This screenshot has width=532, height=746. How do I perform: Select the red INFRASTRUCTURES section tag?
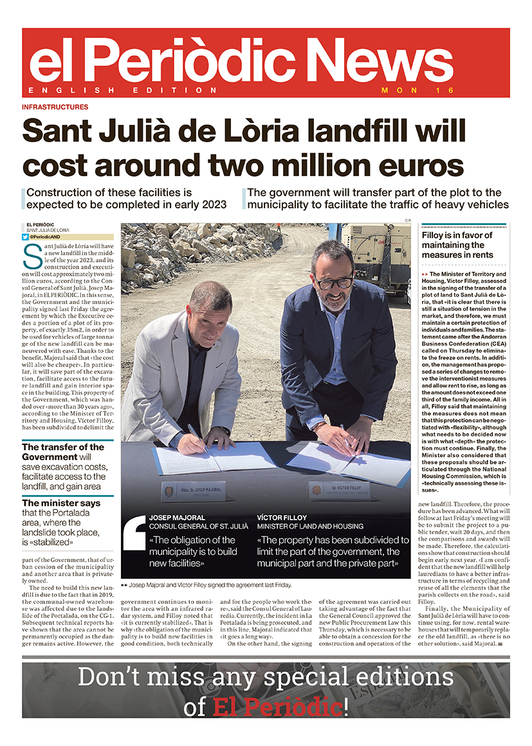click(55, 107)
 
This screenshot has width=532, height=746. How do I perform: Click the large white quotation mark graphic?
click(134, 533)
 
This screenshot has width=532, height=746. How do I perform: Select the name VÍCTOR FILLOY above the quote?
click(282, 517)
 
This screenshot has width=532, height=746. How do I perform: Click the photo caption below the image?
click(210, 585)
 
